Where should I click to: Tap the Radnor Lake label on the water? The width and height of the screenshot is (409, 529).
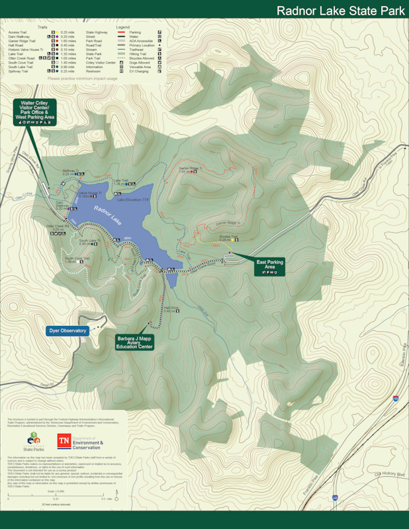click(107, 214)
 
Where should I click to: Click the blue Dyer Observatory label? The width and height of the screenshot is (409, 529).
click(68, 331)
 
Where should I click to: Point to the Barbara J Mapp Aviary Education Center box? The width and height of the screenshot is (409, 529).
click(134, 341)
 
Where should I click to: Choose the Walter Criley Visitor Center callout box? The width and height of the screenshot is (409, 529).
click(34, 112)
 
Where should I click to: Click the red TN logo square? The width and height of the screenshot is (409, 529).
click(64, 442)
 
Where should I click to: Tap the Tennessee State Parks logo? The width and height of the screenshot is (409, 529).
click(34, 442)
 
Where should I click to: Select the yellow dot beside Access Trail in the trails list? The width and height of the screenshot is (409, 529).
click(56, 32)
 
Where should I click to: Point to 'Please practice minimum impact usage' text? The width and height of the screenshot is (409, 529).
click(82, 79)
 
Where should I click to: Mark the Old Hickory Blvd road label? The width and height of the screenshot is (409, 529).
click(385, 474)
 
